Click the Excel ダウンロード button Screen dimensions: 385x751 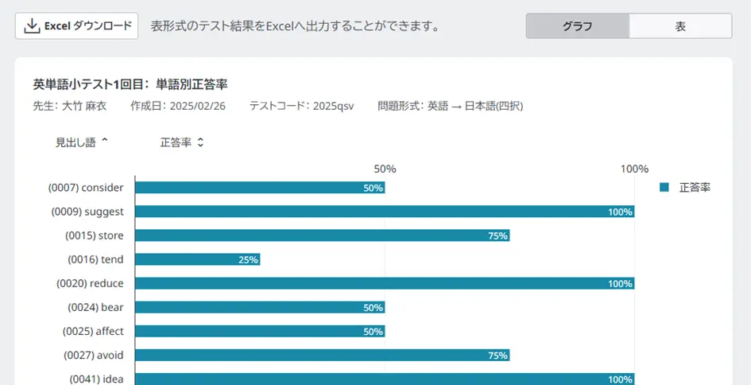(77, 26)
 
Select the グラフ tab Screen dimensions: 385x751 (578, 26)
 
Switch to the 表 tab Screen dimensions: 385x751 (680, 26)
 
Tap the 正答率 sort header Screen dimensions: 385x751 (182, 142)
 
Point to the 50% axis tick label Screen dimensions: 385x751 (385, 169)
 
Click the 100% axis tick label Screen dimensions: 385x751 (634, 169)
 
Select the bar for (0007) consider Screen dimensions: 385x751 (260, 188)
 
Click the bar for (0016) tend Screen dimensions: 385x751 (198, 259)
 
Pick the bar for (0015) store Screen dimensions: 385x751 (322, 235)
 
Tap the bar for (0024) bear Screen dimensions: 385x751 (260, 307)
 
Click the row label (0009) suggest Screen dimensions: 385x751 (87, 212)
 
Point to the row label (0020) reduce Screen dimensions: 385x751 (90, 283)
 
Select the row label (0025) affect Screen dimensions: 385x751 (93, 331)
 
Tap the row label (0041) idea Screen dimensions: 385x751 (96, 379)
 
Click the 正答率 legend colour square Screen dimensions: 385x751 (664, 188)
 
